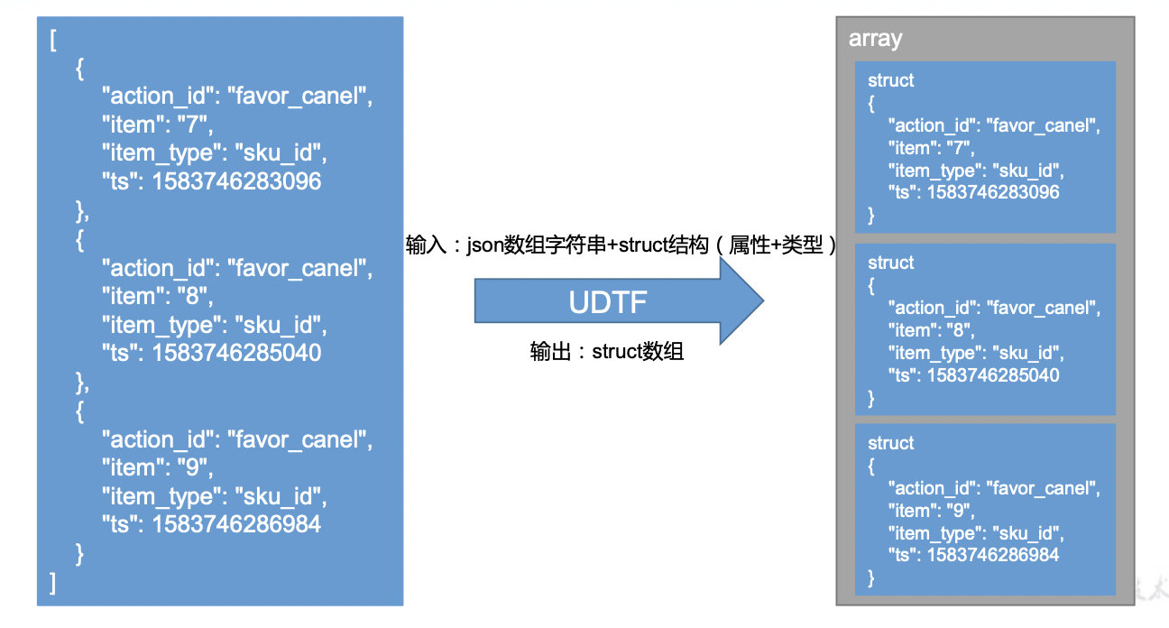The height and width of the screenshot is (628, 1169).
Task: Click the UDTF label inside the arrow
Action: (607, 302)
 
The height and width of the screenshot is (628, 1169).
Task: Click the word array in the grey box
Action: (875, 40)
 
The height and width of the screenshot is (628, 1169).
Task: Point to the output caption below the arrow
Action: (607, 352)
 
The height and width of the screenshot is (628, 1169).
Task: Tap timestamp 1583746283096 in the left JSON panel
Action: (236, 181)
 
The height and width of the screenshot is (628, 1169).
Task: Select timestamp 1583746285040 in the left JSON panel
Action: (236, 353)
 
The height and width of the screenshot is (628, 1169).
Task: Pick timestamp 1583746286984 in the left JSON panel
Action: (236, 524)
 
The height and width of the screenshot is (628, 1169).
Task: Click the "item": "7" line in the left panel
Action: (158, 125)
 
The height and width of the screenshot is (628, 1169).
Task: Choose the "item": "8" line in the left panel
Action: (158, 296)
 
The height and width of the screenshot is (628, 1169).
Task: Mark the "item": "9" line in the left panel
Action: (158, 467)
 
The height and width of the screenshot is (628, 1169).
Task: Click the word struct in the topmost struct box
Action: (890, 80)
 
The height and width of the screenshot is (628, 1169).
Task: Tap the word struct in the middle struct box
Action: (890, 263)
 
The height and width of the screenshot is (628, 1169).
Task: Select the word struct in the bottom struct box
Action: (890, 443)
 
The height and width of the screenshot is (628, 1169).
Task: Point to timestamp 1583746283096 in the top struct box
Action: (992, 192)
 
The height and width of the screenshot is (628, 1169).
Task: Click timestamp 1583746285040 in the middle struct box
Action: (992, 375)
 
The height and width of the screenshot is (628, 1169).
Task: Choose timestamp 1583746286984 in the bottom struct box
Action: (992, 555)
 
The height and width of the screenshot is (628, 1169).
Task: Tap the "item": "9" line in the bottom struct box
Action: (931, 511)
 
